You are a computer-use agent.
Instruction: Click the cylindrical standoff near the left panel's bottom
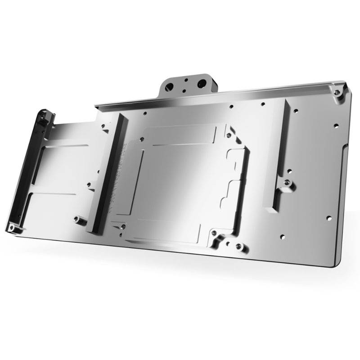click(x=77, y=220)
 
